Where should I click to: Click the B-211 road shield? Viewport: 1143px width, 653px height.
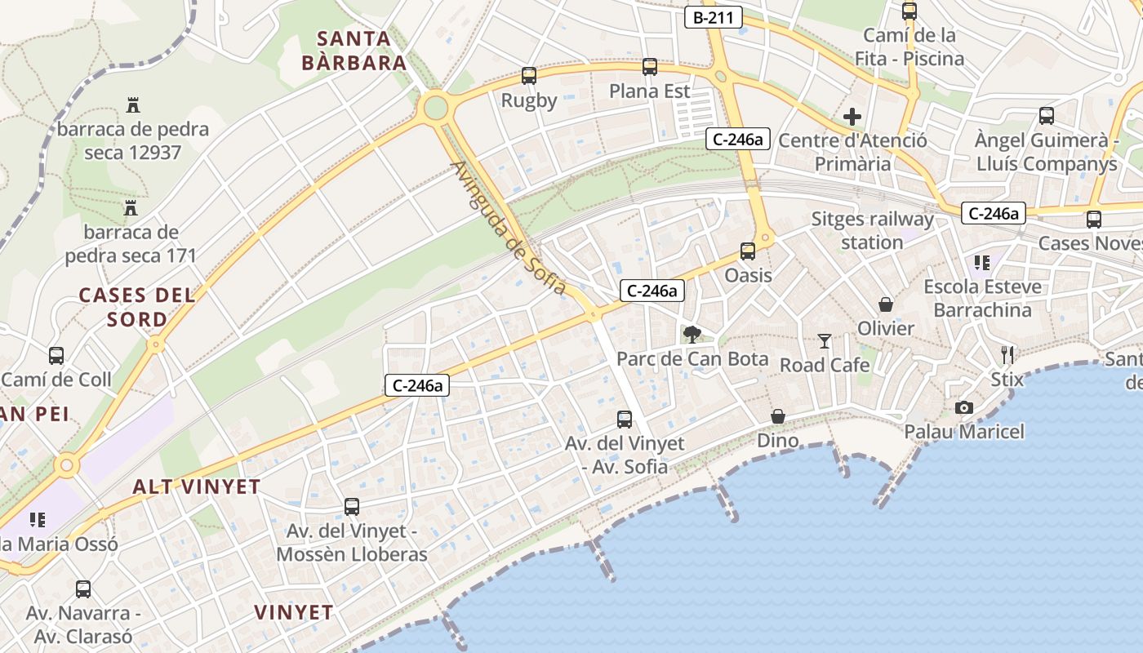713,17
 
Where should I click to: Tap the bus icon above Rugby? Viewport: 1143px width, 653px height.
529,76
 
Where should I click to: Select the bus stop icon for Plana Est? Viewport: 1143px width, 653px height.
650,67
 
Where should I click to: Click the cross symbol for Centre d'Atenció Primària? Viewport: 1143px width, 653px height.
852,117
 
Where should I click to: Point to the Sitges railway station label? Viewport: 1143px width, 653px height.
872,231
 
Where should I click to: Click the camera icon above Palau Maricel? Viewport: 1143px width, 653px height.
964,407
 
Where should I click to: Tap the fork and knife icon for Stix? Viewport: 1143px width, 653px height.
1007,355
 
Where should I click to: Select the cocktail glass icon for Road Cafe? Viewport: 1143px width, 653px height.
825,341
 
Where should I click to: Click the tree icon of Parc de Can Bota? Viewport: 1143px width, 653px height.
692,334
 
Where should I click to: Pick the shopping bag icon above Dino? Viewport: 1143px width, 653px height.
778,417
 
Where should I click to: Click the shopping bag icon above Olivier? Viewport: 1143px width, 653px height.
886,304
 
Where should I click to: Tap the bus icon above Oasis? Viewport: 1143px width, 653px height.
748,251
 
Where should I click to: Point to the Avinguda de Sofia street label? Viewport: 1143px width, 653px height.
507,228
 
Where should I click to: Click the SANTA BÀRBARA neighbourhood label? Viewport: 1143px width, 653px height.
354,51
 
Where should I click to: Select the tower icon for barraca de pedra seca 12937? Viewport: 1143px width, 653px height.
133,104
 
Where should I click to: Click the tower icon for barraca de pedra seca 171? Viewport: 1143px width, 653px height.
131,208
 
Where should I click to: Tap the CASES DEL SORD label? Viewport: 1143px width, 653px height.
137,307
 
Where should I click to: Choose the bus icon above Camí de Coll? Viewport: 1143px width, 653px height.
56,356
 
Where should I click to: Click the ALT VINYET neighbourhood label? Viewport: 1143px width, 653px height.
197,487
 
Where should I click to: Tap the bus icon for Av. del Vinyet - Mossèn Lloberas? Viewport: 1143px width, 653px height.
352,507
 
